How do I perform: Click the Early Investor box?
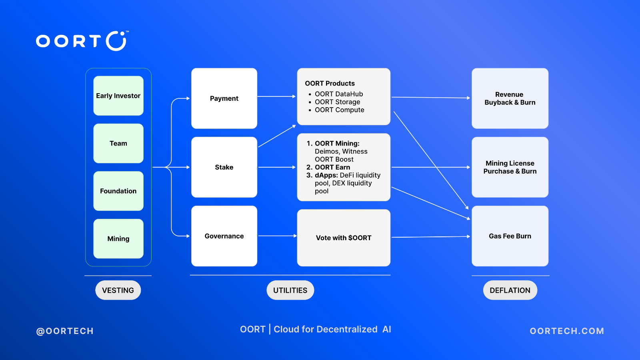click(118, 96)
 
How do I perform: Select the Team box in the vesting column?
click(118, 144)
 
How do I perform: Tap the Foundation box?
click(118, 191)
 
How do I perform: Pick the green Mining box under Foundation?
click(118, 238)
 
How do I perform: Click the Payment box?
click(224, 98)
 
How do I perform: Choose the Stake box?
click(224, 167)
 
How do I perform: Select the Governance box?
click(224, 236)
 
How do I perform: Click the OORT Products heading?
click(330, 84)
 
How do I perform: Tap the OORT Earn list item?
click(328, 167)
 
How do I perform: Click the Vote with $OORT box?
click(344, 238)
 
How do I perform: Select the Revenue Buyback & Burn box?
click(510, 98)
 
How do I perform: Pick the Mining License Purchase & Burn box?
click(510, 167)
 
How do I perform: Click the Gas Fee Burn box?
click(510, 236)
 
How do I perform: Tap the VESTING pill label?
click(118, 290)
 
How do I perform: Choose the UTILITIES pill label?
click(290, 290)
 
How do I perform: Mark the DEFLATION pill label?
click(510, 290)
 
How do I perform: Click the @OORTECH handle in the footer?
click(65, 331)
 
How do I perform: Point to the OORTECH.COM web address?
click(567, 331)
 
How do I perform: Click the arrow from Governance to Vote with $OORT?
click(278, 236)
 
